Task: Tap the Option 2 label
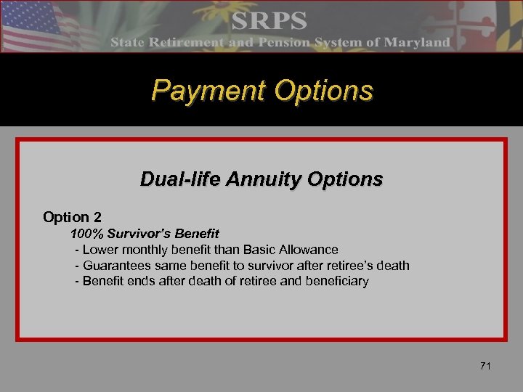coord(72,217)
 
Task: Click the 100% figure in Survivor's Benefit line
coord(85,234)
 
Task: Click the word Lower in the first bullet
coord(100,250)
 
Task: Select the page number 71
coord(485,366)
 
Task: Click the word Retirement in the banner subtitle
coord(192,43)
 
